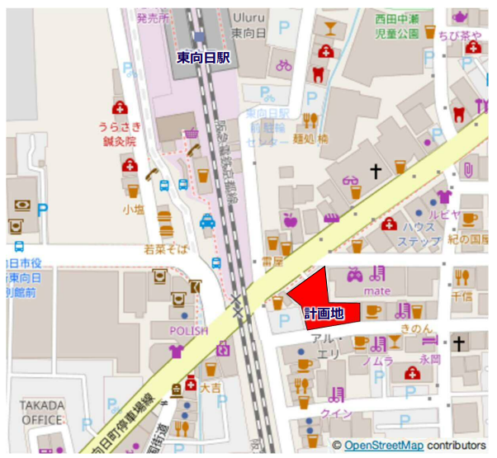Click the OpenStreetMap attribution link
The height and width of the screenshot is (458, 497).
click(384, 446)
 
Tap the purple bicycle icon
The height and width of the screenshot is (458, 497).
click(284, 64)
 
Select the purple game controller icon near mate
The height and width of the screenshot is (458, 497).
click(353, 273)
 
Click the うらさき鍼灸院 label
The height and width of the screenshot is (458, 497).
click(121, 133)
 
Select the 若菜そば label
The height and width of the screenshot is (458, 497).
click(166, 248)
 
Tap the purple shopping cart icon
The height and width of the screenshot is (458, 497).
click(192, 133)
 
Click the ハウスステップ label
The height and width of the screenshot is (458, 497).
click(419, 234)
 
